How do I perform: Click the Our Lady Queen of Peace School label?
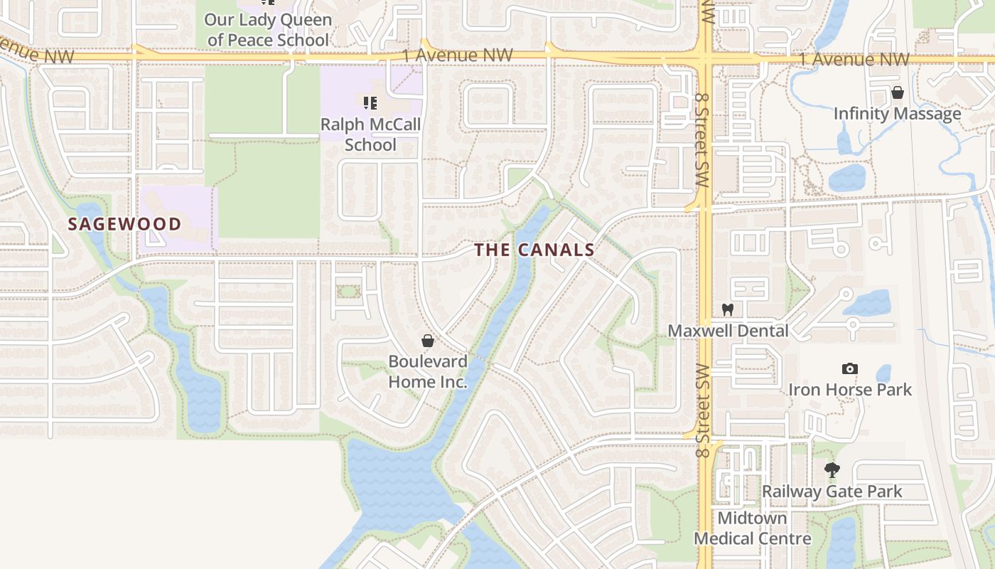pyautogui.click(x=268, y=30)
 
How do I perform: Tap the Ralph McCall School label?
pyautogui.click(x=370, y=134)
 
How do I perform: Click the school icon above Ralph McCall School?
pyautogui.click(x=370, y=104)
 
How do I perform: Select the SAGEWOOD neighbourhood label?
pyautogui.click(x=124, y=224)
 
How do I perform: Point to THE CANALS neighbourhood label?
pyautogui.click(x=534, y=250)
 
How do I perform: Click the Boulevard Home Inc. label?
pyautogui.click(x=428, y=371)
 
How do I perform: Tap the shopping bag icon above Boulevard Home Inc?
pyautogui.click(x=427, y=341)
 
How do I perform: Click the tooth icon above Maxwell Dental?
pyautogui.click(x=727, y=309)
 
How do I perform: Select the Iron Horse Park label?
pyautogui.click(x=849, y=390)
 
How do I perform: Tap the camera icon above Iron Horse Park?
pyautogui.click(x=849, y=368)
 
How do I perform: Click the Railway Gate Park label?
pyautogui.click(x=832, y=491)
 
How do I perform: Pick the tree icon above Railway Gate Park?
pyautogui.click(x=832, y=470)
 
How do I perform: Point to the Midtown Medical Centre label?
pyautogui.click(x=752, y=528)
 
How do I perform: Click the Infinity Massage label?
pyautogui.click(x=897, y=114)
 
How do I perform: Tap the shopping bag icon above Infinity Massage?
pyautogui.click(x=897, y=92)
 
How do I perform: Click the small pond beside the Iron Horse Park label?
pyautogui.click(x=883, y=373)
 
